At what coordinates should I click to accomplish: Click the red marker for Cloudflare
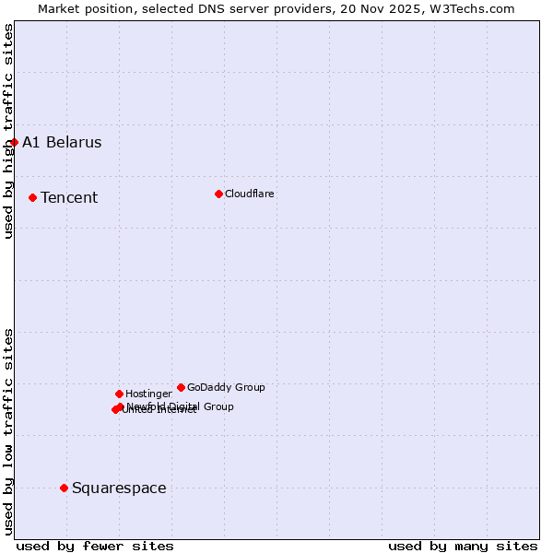218,194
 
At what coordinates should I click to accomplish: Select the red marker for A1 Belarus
14,142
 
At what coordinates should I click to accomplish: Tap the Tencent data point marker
32,197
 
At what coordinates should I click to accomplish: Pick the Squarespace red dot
64,488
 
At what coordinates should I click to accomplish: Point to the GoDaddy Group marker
181,387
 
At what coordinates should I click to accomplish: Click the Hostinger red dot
119,394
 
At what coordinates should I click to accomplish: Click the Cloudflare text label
249,194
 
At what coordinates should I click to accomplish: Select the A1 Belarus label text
62,142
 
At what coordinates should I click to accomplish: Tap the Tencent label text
69,197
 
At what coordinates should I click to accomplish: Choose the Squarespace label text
119,488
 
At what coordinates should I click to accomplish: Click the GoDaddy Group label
226,387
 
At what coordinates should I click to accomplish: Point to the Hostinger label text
148,394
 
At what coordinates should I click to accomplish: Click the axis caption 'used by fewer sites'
95,546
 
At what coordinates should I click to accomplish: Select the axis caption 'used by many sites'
463,546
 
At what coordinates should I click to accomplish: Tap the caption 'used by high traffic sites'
8,131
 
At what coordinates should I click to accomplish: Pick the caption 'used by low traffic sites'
8,430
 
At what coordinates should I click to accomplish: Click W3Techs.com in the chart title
476,8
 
